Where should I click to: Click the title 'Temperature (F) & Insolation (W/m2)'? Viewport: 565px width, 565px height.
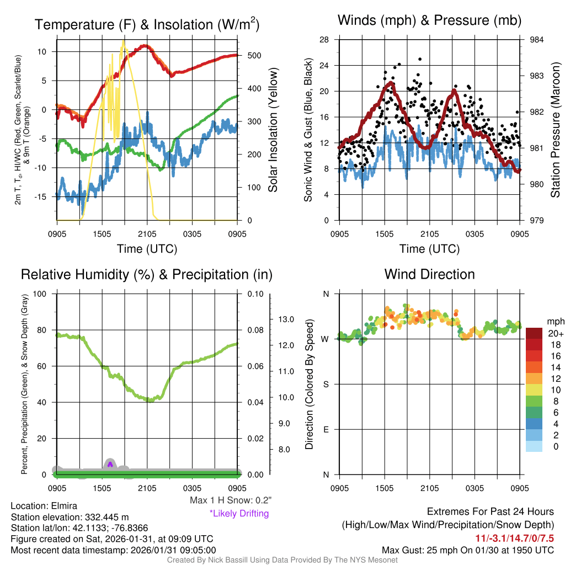[147, 25]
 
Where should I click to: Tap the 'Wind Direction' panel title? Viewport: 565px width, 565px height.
[429, 274]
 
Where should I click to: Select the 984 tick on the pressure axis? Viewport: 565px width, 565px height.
[536, 40]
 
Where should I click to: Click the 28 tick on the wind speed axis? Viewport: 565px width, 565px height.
[324, 40]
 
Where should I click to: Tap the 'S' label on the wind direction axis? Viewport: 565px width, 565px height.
[325, 384]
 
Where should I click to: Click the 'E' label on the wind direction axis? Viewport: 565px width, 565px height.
[325, 429]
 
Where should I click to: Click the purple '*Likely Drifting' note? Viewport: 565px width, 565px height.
[239, 513]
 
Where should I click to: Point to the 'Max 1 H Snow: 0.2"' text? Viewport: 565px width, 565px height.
[230, 500]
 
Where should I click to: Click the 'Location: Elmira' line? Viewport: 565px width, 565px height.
[44, 505]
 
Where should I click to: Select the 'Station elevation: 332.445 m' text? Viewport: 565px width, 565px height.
[70, 517]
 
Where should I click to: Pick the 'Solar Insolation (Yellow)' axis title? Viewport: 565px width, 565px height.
[273, 130]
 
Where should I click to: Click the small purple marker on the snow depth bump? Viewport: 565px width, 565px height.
[110, 464]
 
